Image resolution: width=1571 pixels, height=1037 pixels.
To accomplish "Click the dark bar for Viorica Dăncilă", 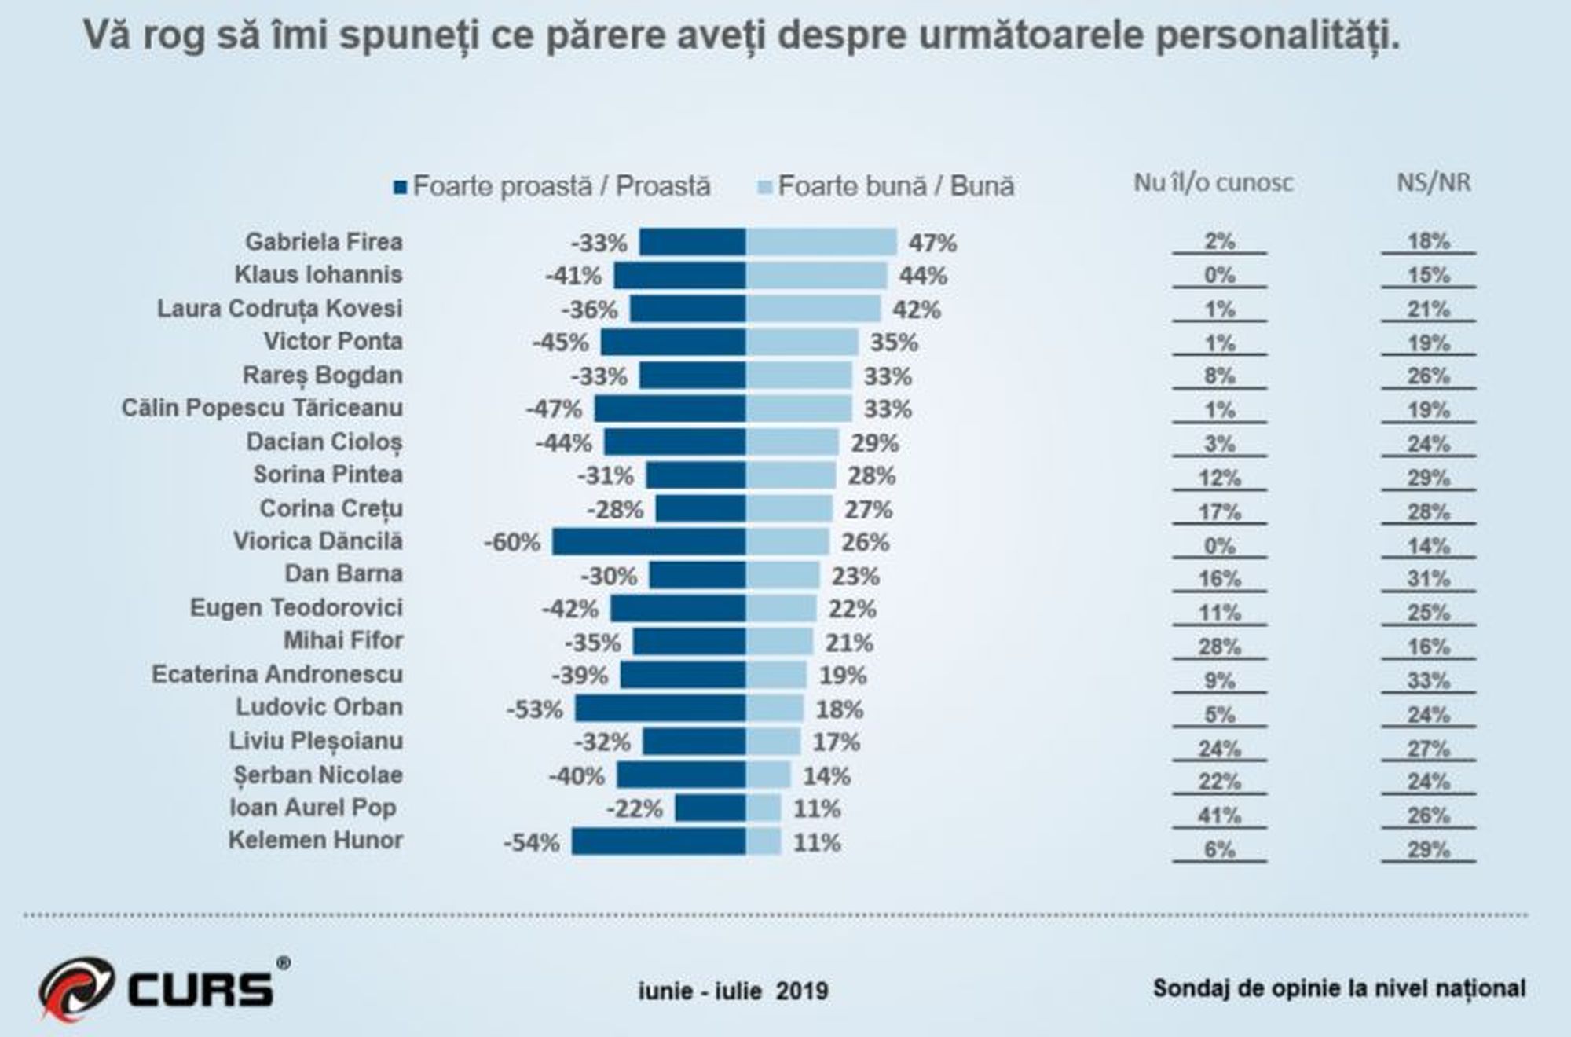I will [649, 542].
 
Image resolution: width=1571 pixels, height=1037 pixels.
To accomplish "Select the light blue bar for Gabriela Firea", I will [821, 242].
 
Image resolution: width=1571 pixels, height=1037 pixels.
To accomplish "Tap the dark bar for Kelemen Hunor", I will [658, 842].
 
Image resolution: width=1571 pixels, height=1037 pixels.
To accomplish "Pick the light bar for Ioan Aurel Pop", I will [764, 808].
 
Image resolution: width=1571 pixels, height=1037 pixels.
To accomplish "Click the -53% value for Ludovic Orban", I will [535, 709].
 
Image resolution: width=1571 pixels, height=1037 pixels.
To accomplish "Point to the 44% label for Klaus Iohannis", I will [923, 276].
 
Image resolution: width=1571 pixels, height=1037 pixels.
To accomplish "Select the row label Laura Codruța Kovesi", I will [280, 309].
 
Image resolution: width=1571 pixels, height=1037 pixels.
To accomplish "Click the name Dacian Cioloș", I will [324, 442].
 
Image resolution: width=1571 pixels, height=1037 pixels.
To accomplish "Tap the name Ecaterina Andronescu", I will [277, 675].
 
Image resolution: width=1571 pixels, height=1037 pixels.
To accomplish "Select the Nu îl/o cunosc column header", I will [1213, 183].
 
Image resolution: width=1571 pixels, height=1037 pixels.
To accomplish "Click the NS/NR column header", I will [1434, 183].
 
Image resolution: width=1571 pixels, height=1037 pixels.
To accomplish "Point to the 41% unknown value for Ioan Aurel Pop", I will [1219, 815].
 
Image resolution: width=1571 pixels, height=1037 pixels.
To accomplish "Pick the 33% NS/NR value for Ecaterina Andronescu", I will [1428, 680].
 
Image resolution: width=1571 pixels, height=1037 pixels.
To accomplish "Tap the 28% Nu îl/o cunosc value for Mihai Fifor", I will [1219, 647].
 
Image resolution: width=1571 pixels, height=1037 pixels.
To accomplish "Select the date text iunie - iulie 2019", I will [733, 991].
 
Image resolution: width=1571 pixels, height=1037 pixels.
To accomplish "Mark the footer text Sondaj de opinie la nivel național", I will [1339, 988].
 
